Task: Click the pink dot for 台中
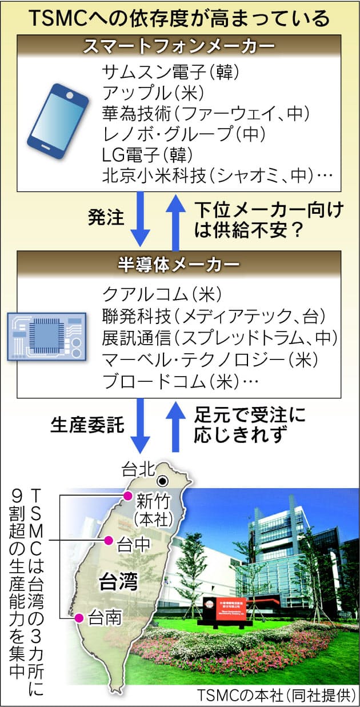tap(107, 540)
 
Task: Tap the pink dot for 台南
tap(79, 617)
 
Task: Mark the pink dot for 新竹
tap(128, 495)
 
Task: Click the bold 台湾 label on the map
tap(118, 582)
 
